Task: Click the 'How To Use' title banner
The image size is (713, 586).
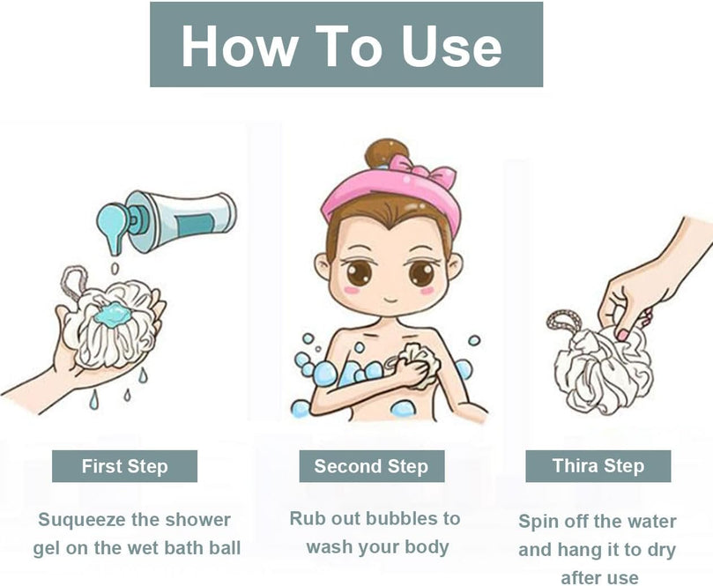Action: click(x=346, y=44)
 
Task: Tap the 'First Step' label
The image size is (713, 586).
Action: click(x=124, y=466)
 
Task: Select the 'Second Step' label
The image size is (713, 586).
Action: click(x=372, y=466)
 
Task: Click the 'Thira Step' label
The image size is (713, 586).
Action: click(x=598, y=466)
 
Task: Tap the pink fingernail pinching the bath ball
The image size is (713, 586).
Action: click(x=621, y=335)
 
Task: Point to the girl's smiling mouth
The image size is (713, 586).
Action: click(x=390, y=300)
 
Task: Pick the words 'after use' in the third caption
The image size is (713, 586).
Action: click(x=599, y=578)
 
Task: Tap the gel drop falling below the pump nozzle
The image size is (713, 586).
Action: click(x=115, y=269)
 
